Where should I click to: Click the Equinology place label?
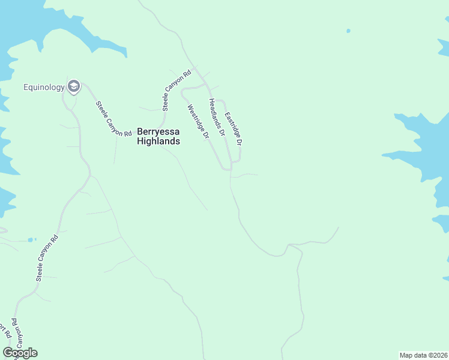tap(44, 88)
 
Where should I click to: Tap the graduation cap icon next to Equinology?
tap(74, 87)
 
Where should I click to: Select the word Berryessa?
tap(158, 131)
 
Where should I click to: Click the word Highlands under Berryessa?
tap(158, 142)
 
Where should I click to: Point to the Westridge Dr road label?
tap(198, 122)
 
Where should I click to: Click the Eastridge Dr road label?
tap(233, 129)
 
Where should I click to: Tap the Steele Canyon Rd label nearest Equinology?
tap(114, 119)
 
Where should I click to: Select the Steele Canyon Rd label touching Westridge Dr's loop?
tap(177, 91)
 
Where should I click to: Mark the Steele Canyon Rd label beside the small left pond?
tap(47, 257)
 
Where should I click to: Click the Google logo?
tap(20, 353)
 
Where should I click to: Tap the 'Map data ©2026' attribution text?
tap(423, 355)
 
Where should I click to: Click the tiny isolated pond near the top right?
tap(348, 31)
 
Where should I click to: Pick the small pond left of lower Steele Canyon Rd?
tap(31, 240)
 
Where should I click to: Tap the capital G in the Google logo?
tap(8, 353)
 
